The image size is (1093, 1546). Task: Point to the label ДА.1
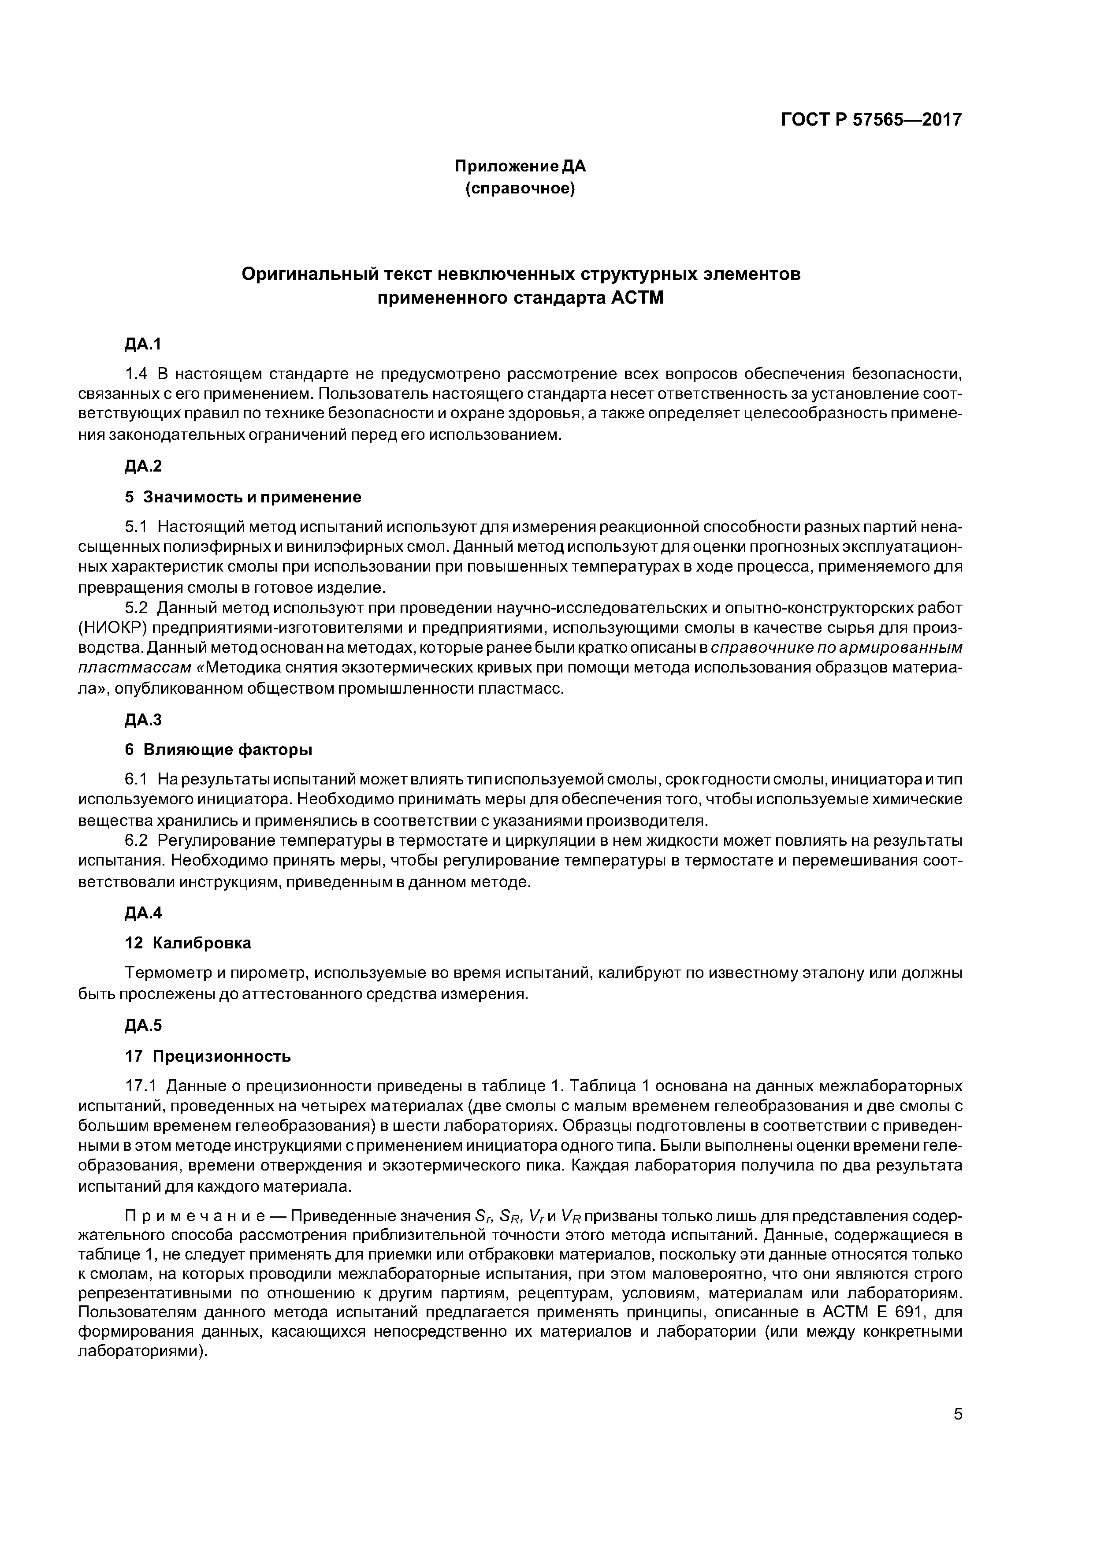tap(143, 344)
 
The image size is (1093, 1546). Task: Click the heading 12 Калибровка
tap(189, 943)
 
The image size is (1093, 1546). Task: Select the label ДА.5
tap(143, 1026)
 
